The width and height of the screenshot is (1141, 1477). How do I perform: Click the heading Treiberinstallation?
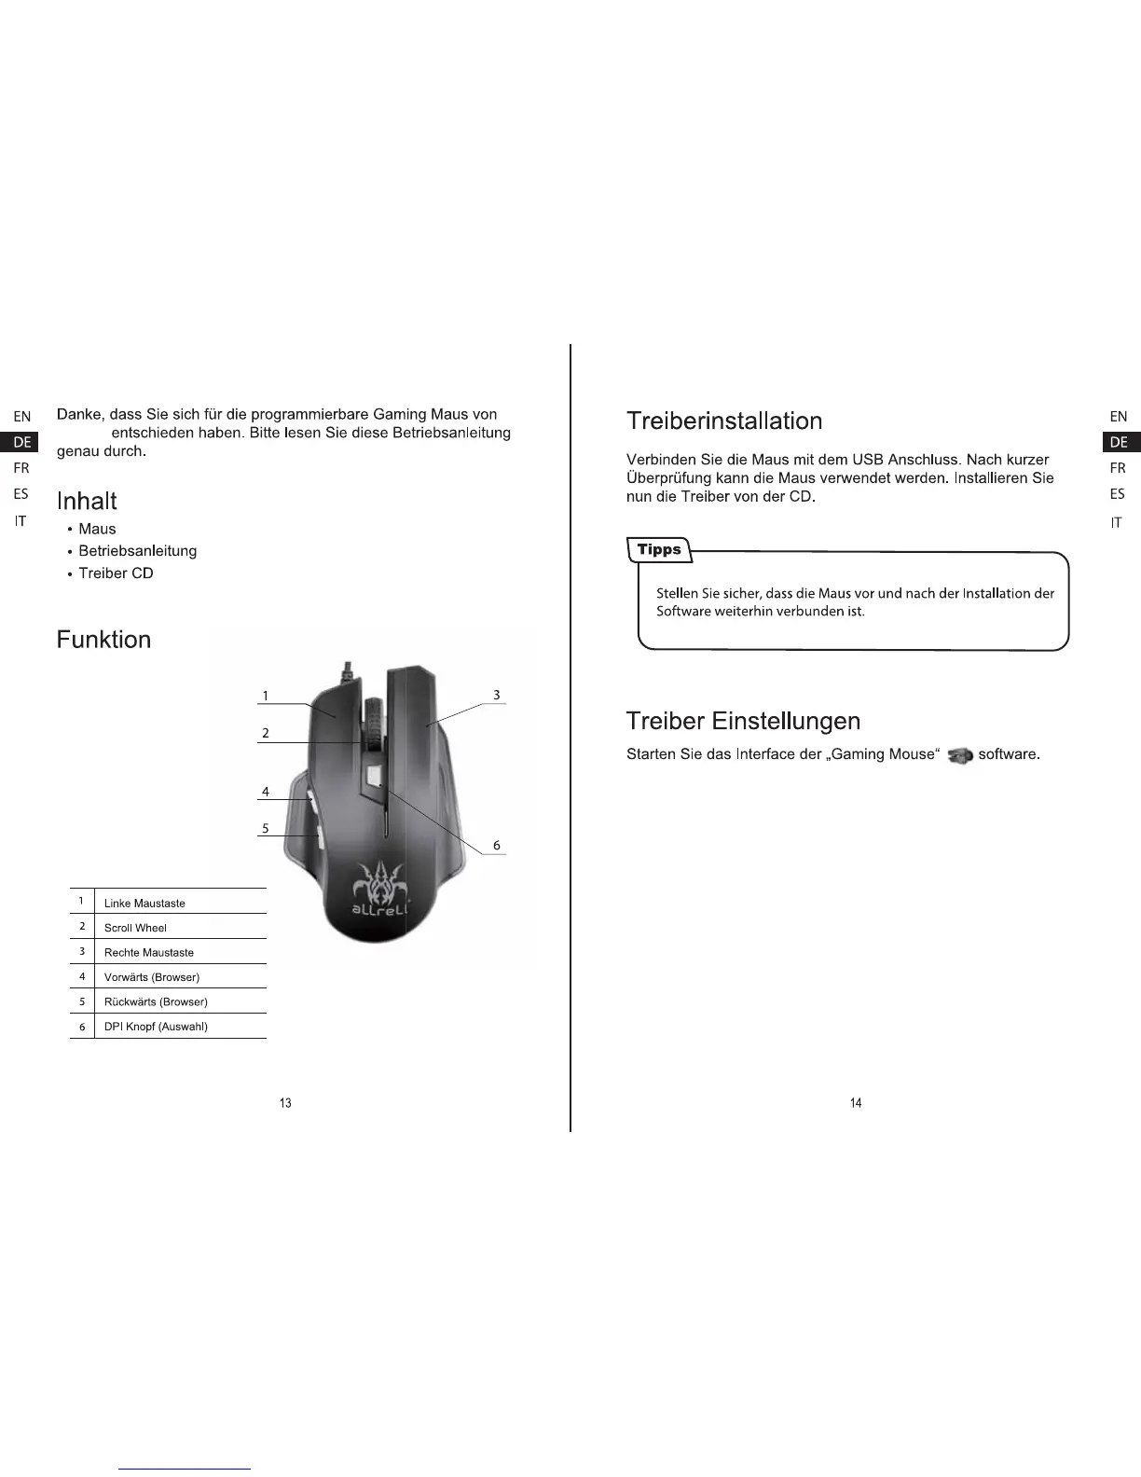pyautogui.click(x=724, y=421)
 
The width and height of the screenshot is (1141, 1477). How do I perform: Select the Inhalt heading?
pyautogui.click(x=87, y=502)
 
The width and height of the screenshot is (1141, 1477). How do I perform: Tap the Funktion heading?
pyautogui.click(x=103, y=640)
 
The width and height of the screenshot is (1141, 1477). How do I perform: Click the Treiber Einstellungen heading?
pyautogui.click(x=743, y=721)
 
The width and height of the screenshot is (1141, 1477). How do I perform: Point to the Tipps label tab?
pyautogui.click(x=659, y=550)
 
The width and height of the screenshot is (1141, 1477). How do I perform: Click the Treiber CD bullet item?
pyautogui.click(x=116, y=573)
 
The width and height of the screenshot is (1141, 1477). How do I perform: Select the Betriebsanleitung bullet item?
pyautogui.click(x=137, y=551)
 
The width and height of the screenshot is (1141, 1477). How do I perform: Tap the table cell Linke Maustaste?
pyautogui.click(x=144, y=903)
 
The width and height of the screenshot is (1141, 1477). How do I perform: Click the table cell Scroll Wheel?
pyautogui.click(x=135, y=928)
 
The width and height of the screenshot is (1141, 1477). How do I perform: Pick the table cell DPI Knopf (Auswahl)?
pyautogui.click(x=156, y=1027)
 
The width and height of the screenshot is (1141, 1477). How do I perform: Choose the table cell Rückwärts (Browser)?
pyautogui.click(x=156, y=1001)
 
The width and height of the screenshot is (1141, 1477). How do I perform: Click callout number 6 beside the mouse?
pyautogui.click(x=497, y=846)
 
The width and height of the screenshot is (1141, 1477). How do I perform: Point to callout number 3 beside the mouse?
pyautogui.click(x=497, y=695)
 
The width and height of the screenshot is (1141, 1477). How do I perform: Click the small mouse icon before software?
pyautogui.click(x=959, y=755)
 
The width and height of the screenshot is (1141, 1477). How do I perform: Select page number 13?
pyautogui.click(x=285, y=1103)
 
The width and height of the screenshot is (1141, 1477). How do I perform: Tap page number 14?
pyautogui.click(x=856, y=1103)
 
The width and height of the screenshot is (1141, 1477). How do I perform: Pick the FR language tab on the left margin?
pyautogui.click(x=21, y=468)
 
